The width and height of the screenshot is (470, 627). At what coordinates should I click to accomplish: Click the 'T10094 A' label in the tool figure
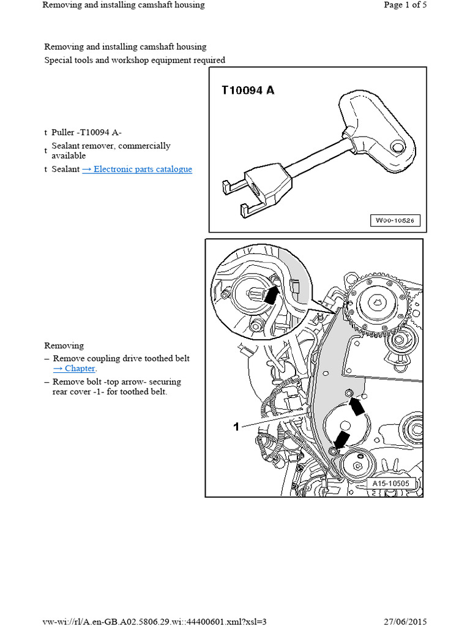(248, 91)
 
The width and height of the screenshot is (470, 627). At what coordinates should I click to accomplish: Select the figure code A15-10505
(394, 484)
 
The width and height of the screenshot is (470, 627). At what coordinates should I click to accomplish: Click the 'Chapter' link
(75, 368)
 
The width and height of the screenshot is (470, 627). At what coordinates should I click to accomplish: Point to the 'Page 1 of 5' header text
(405, 5)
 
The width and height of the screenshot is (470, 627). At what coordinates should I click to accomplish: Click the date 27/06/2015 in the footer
(405, 621)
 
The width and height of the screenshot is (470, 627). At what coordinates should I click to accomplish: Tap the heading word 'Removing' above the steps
(64, 345)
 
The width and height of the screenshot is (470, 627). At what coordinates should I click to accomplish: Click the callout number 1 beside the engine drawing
(236, 427)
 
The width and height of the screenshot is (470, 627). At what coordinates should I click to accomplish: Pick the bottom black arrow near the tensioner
(341, 439)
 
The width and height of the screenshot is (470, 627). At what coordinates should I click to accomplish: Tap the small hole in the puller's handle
(400, 147)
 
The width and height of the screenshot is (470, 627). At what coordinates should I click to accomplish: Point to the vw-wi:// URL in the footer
(155, 621)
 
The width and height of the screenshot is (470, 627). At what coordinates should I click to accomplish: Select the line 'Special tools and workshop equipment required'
(135, 60)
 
